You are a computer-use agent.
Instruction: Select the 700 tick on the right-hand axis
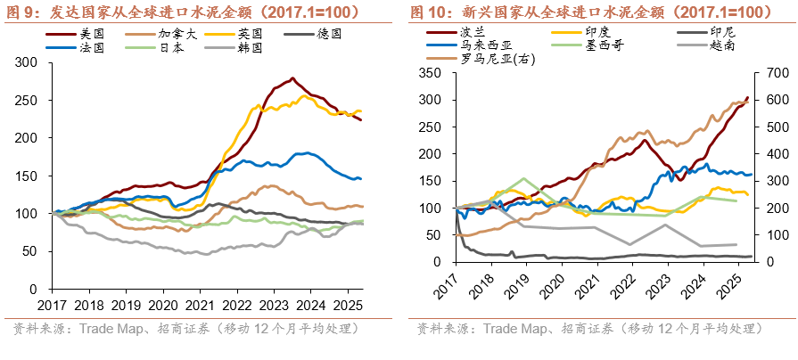pyautogui.click(x=774, y=72)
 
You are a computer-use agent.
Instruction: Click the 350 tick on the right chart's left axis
pyautogui.click(x=431, y=72)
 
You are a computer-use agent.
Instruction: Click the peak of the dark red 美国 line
pyautogui.click(x=292, y=78)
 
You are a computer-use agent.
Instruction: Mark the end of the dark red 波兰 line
pyautogui.click(x=747, y=97)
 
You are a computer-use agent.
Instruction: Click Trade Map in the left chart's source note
pyautogui.click(x=114, y=330)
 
